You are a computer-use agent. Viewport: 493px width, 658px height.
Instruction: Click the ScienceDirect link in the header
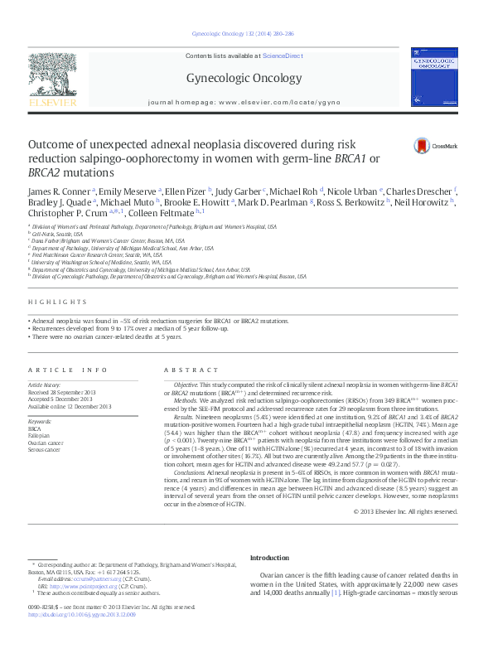click(283, 55)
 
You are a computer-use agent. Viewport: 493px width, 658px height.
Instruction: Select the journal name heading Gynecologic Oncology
click(243, 79)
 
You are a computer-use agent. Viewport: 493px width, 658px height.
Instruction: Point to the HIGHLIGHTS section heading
click(57, 302)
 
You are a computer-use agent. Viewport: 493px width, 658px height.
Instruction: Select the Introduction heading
click(269, 558)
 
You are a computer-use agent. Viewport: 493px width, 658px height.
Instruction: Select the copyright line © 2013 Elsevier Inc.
click(405, 511)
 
